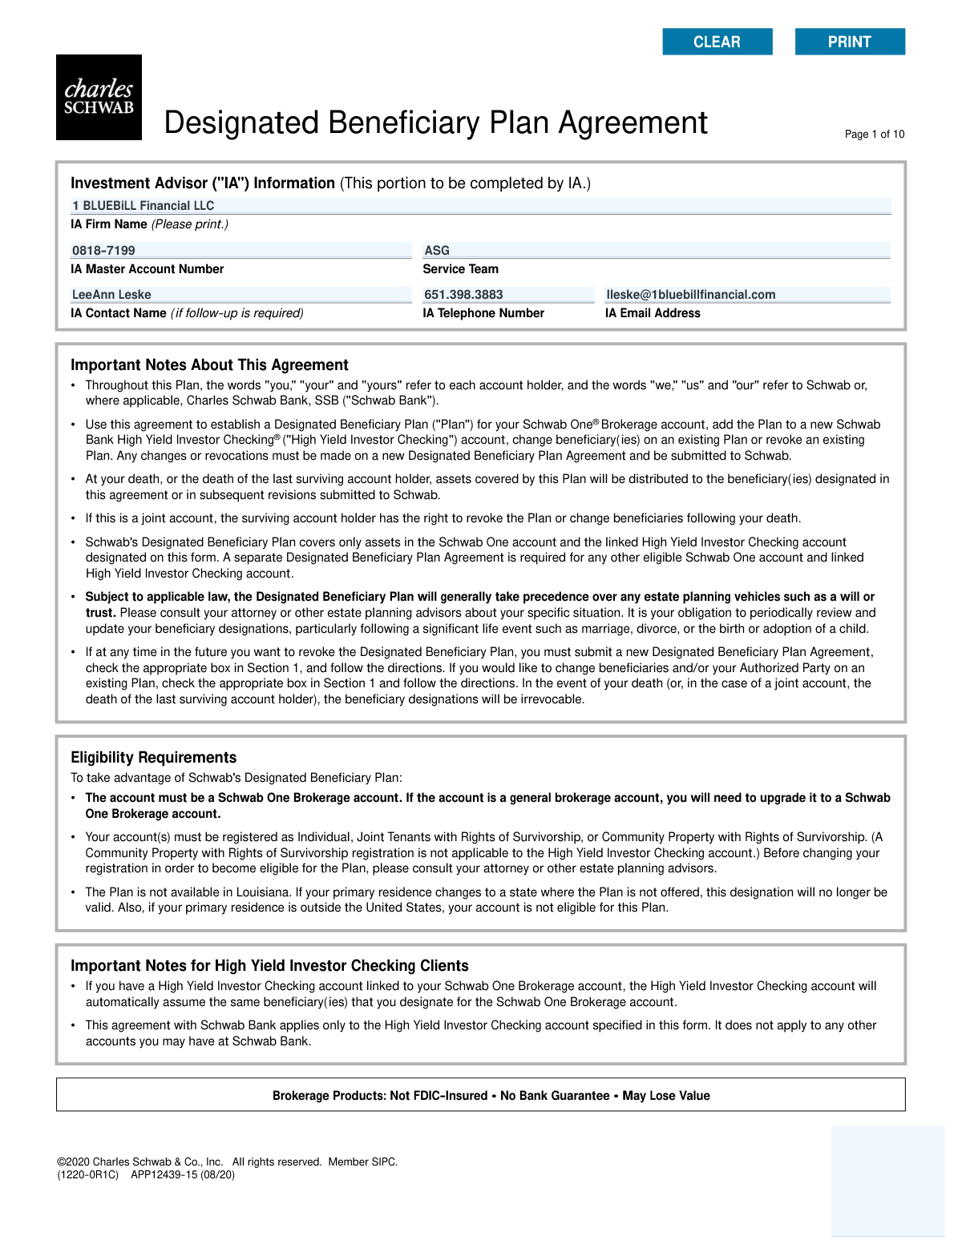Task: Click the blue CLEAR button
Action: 717,42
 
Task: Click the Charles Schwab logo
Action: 99,98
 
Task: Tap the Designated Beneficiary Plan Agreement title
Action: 435,123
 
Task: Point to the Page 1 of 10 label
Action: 874,135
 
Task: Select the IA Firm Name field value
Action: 143,206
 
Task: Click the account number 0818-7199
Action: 104,251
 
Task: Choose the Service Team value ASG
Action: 437,251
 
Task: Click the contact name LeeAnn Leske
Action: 111,295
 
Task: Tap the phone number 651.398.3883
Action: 463,295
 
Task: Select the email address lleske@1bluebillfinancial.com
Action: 690,295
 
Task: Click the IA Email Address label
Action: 653,313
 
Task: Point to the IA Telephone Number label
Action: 483,313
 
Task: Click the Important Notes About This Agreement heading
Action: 209,365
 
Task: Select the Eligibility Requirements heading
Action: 153,758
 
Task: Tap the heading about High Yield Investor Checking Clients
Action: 269,966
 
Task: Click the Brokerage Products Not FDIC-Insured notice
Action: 491,1096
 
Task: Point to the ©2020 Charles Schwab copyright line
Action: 227,1162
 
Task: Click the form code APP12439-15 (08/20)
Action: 183,1175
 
